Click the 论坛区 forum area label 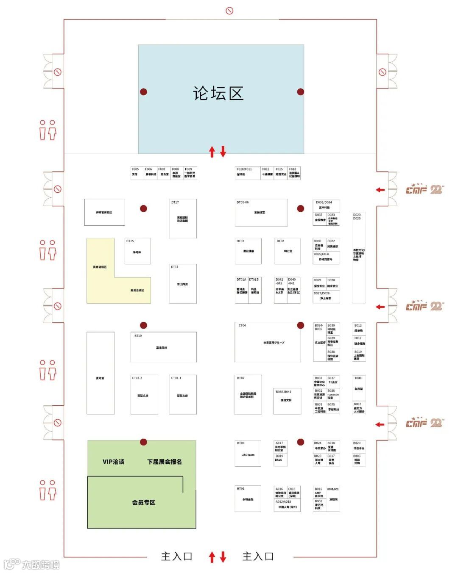[218, 94]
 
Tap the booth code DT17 [175, 202]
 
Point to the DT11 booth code [175, 267]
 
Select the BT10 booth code [138, 336]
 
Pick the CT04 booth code [242, 326]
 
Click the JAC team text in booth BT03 [248, 455]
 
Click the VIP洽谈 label [113, 462]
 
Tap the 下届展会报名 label [165, 462]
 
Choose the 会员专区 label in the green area [143, 502]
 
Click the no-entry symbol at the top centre [229, 11]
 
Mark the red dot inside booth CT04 [300, 325]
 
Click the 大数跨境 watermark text [40, 565]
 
